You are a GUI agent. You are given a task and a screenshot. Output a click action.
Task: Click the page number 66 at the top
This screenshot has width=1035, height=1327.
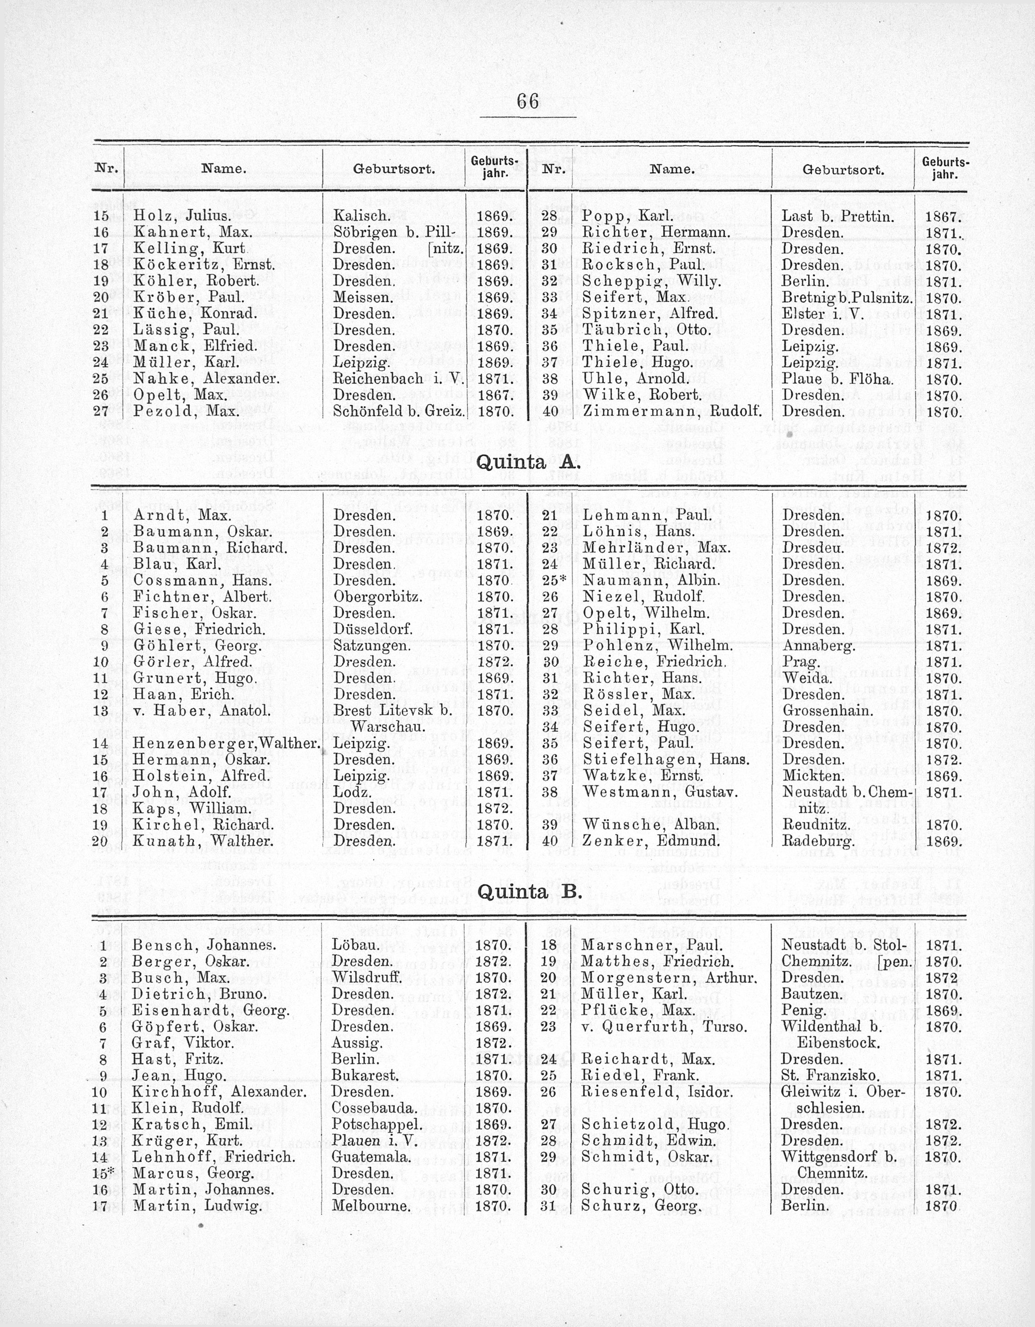click(527, 101)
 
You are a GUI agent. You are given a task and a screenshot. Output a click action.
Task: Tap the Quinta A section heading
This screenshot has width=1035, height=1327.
click(529, 462)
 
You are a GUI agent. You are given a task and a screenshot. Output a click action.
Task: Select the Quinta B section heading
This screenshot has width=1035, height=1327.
click(529, 892)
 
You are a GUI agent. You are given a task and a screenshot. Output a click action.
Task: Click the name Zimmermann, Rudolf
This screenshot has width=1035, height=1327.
click(672, 411)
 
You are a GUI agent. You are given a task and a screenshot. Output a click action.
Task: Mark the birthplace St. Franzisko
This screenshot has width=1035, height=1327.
click(829, 1076)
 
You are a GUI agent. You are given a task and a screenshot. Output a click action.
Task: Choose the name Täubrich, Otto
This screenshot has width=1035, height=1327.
click(647, 330)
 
